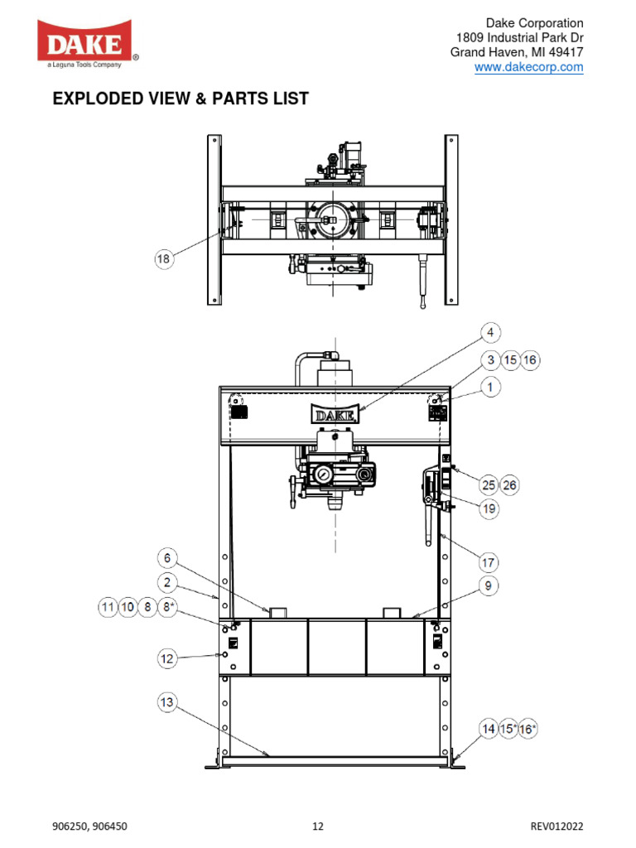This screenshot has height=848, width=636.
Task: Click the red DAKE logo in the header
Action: point(86,43)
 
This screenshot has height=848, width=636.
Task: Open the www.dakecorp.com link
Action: point(528,67)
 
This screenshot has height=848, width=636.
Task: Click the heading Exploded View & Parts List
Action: point(181,99)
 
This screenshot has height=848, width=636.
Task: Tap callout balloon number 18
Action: point(163,259)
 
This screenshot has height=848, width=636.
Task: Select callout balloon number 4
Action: point(490,332)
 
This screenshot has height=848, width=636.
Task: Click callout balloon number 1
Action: point(490,388)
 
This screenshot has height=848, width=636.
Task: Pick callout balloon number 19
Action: point(489,508)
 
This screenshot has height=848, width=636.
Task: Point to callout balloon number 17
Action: point(488,562)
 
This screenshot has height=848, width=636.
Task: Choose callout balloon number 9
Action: point(488,585)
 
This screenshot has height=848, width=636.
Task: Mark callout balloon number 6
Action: point(167,558)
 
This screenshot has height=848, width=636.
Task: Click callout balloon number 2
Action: point(167,582)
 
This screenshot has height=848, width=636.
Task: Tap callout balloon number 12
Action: point(167,658)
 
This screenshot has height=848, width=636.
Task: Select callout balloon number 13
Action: point(167,702)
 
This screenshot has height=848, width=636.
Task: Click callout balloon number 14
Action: point(489,729)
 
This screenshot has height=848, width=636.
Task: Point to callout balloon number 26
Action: point(509,485)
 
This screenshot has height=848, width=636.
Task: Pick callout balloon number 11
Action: point(108,607)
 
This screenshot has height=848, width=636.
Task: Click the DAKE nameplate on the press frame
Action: point(335,414)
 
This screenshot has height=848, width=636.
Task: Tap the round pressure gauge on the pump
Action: point(324,475)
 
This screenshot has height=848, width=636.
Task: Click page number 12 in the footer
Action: point(318,826)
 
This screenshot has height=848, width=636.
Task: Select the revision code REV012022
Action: point(556,826)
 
